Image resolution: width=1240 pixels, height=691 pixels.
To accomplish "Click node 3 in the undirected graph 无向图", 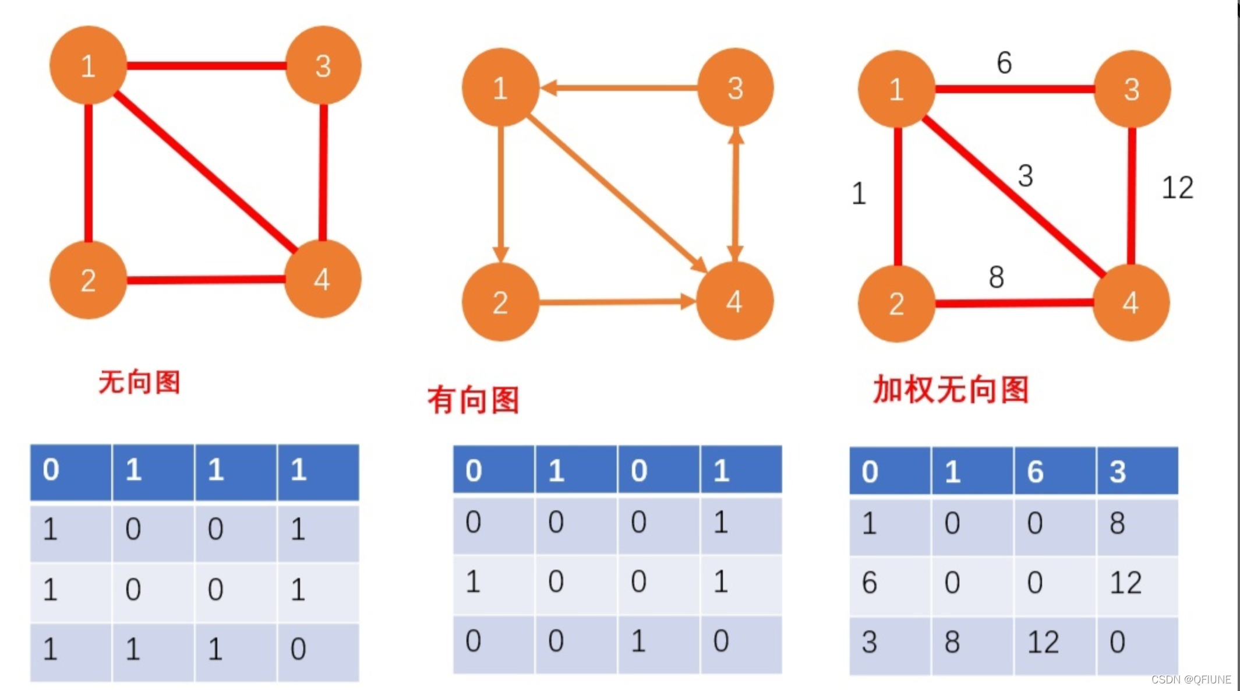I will click(x=323, y=65).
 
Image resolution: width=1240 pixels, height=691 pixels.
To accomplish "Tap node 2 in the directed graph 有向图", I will click(x=500, y=302).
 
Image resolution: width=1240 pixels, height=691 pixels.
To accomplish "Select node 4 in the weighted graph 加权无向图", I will click(x=1131, y=302).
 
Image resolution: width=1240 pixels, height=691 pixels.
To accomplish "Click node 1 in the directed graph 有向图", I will click(x=500, y=88).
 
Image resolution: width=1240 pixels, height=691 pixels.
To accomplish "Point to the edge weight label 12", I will click(x=1177, y=188).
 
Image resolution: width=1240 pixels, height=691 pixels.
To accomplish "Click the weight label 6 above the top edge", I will click(x=1004, y=62).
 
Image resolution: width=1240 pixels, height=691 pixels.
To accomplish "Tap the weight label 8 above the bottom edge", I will click(x=997, y=277).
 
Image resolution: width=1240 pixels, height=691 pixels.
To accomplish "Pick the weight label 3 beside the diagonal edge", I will click(x=1026, y=175).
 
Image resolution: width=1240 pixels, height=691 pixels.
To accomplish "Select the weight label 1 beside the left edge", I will click(x=859, y=193).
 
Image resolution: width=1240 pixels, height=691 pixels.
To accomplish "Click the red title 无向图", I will click(x=140, y=382).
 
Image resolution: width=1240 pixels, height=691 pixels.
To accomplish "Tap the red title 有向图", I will click(x=473, y=400).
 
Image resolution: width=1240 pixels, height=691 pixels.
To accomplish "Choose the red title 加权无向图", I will click(x=951, y=389).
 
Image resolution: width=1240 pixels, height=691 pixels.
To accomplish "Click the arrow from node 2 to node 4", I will click(x=612, y=302).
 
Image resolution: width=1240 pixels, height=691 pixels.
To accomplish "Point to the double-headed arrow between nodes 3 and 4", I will click(x=736, y=195).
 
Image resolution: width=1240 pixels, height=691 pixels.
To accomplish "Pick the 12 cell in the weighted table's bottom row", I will click(x=1043, y=642).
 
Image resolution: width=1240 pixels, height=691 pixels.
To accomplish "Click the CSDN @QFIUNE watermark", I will click(x=1191, y=679).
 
